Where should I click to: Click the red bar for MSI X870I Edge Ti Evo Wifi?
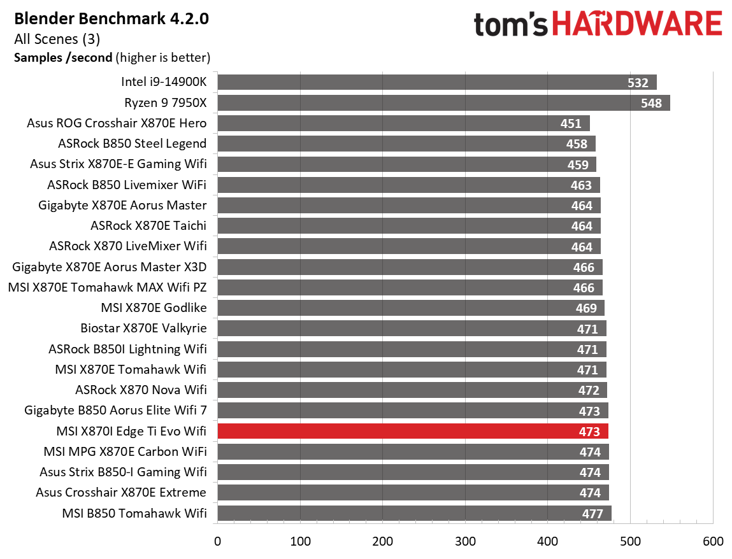point(413,431)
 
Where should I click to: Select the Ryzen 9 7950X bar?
point(443,103)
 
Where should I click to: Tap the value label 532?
point(637,82)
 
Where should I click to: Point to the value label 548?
point(651,103)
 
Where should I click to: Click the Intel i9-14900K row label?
point(164,82)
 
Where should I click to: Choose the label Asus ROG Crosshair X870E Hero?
point(117,123)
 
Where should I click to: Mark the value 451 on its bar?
point(571,124)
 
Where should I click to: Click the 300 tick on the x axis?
point(465,542)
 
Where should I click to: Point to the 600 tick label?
point(712,542)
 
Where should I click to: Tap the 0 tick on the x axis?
point(218,542)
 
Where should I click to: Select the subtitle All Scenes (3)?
point(57,39)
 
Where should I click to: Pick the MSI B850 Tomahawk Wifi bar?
point(414,513)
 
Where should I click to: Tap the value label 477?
point(592,513)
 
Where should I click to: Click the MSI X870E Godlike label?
point(154,308)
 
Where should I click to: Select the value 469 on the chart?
point(586,308)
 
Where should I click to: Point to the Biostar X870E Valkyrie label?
point(143,329)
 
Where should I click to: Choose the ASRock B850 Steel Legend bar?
point(406,144)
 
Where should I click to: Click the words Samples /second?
point(62,58)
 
